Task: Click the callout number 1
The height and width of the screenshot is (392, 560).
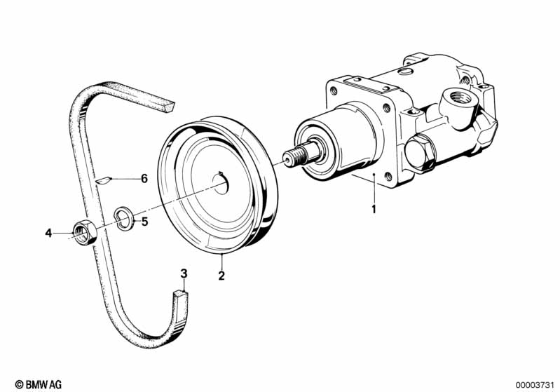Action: (x=374, y=209)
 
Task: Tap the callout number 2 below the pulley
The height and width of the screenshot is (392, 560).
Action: (x=221, y=276)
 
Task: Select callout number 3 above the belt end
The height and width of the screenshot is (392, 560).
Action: (x=184, y=273)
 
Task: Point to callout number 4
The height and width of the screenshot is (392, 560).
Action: (x=48, y=234)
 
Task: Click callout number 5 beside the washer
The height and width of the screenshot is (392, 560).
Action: (x=144, y=222)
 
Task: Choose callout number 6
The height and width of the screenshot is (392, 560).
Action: (x=144, y=178)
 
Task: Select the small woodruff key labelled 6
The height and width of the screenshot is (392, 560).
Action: (x=104, y=180)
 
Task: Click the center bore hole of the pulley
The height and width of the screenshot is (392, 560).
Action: (x=221, y=182)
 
